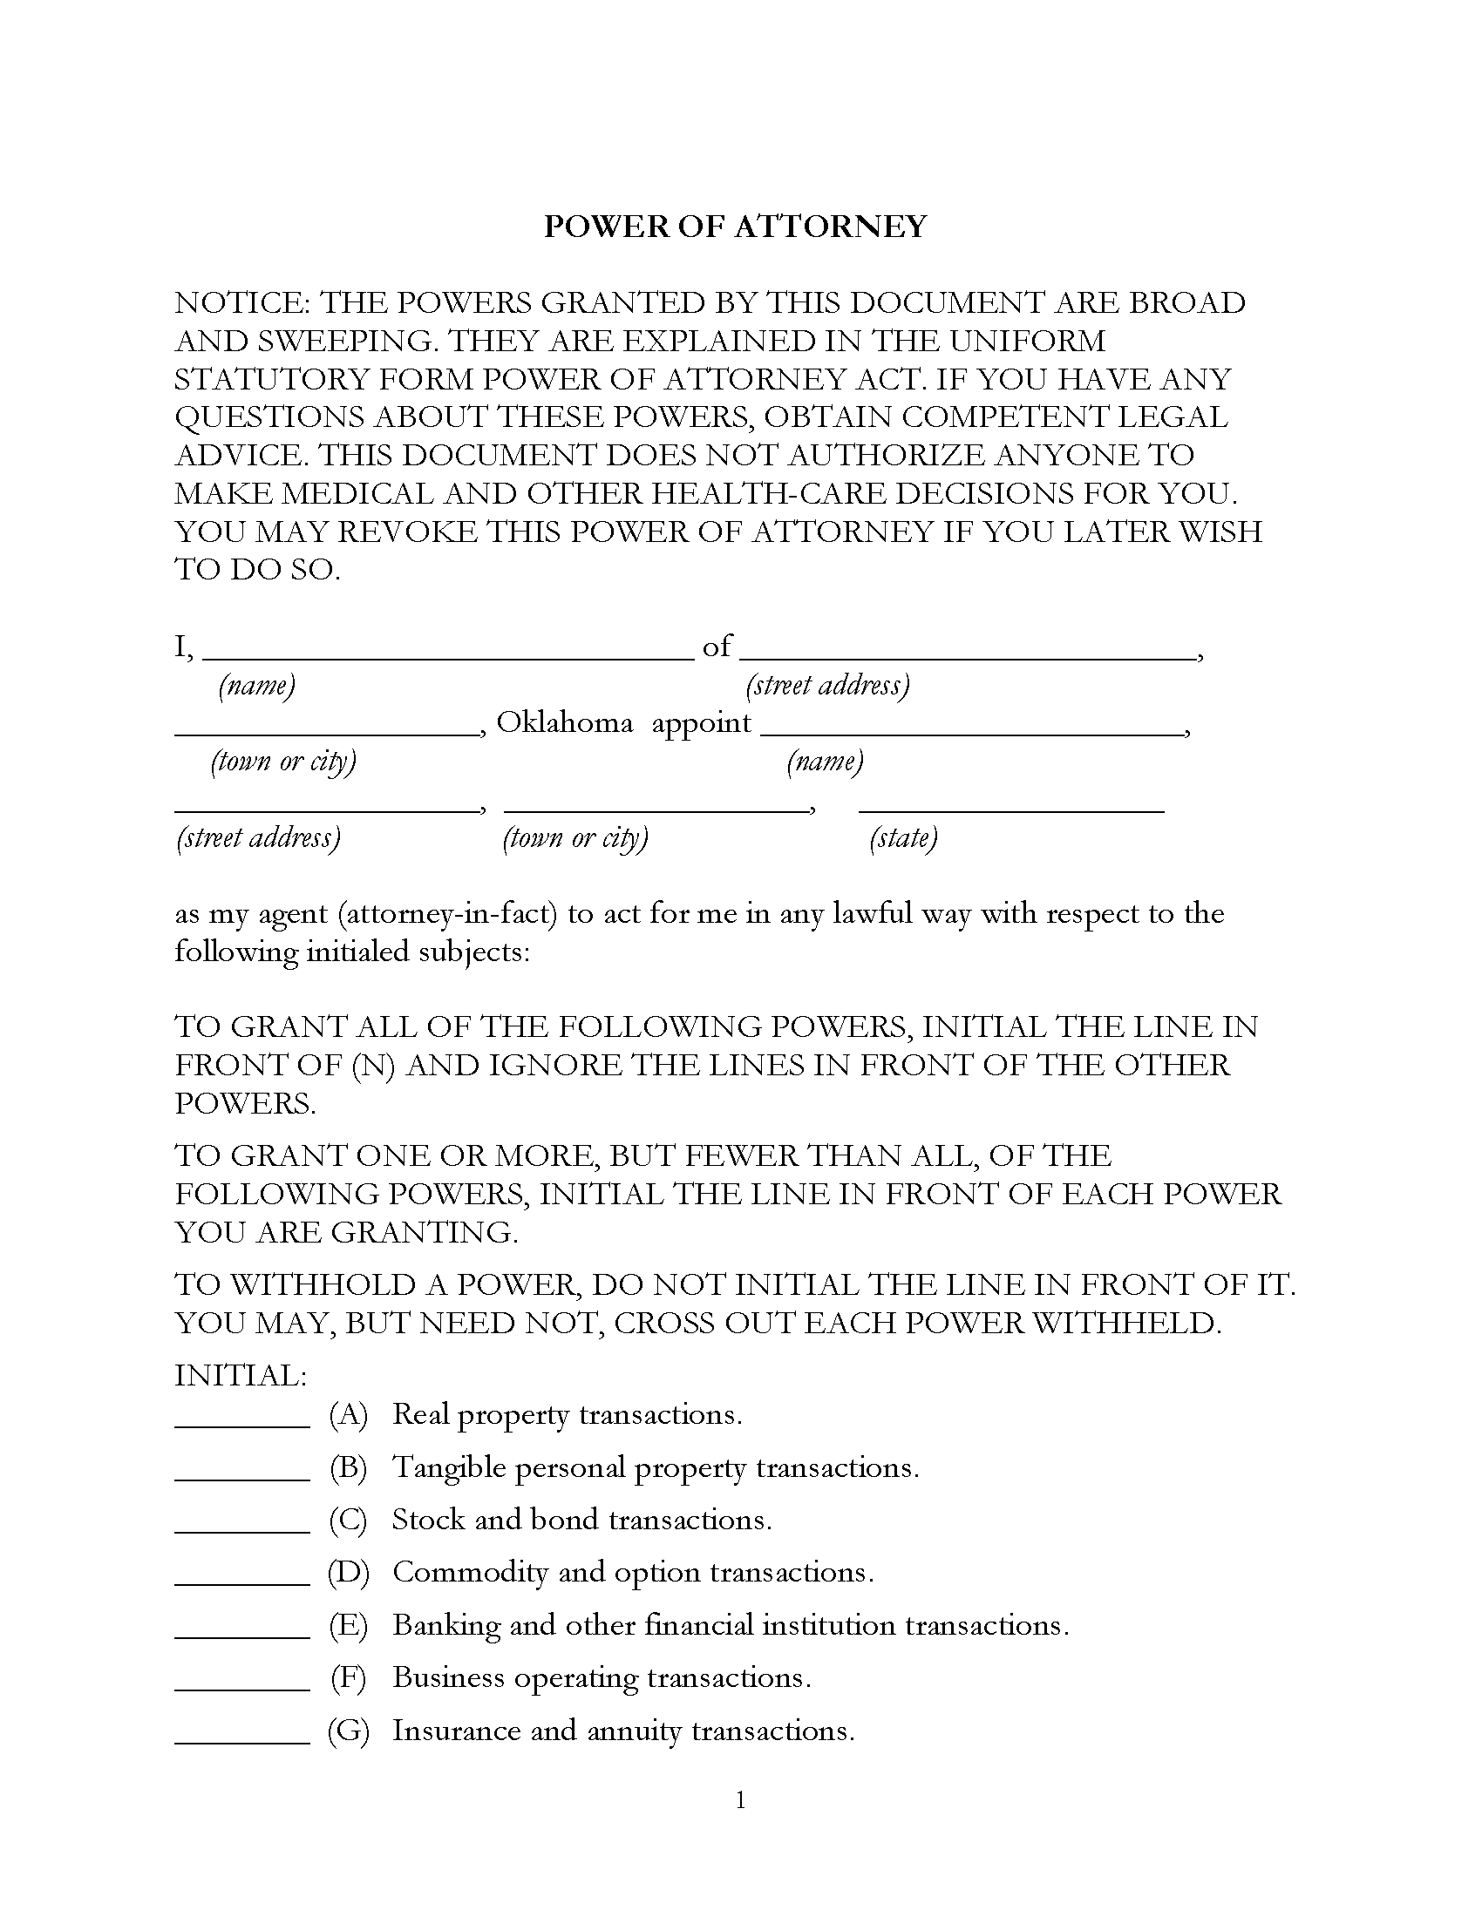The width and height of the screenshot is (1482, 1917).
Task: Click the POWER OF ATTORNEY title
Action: [735, 227]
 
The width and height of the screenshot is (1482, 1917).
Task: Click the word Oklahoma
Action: [565, 723]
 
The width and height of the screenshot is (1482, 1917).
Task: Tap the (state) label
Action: [902, 838]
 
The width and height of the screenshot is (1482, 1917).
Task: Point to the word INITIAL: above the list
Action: [241, 1375]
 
